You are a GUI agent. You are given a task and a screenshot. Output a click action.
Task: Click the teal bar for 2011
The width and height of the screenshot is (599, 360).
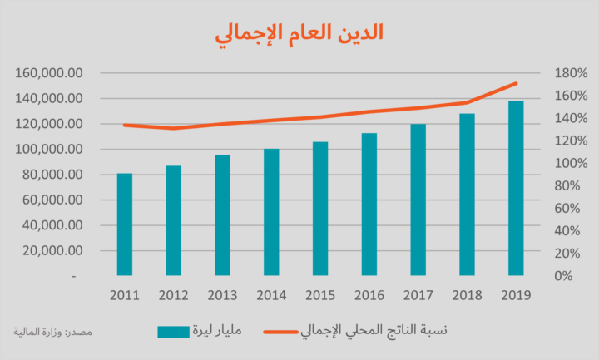tap(124, 224)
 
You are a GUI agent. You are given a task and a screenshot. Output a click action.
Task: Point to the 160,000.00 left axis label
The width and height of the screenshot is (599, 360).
tap(49, 73)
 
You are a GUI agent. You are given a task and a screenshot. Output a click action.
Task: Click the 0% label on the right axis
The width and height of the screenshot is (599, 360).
tap(564, 275)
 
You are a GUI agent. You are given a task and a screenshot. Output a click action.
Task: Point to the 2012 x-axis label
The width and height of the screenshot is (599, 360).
tap(173, 295)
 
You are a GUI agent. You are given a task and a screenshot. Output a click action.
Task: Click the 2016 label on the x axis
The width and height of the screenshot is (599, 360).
tap(369, 295)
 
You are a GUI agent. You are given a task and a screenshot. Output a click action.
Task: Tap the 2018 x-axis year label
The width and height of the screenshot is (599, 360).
tap(468, 295)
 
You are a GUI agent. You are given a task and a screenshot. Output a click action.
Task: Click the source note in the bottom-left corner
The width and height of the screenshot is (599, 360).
tap(53, 332)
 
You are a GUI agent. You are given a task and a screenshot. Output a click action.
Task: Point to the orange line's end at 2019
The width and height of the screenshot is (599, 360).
tap(517, 83)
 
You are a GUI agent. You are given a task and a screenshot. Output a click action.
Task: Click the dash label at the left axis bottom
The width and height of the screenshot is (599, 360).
tap(76, 275)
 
